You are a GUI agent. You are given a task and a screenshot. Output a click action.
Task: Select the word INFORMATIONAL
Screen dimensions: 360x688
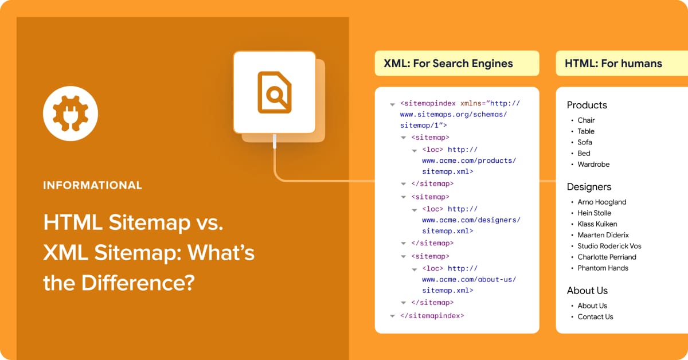pyautogui.click(x=92, y=186)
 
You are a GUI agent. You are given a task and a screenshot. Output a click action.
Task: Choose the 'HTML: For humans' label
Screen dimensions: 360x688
pyautogui.click(x=613, y=64)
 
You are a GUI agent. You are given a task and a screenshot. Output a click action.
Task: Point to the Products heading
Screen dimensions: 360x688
pyautogui.click(x=587, y=105)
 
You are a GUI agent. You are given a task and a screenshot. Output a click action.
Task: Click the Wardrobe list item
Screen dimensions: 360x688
pyautogui.click(x=593, y=165)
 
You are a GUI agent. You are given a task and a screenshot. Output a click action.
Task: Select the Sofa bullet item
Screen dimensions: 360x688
pyautogui.click(x=585, y=142)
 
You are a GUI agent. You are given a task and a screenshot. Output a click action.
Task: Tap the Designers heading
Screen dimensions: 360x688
pyautogui.click(x=589, y=187)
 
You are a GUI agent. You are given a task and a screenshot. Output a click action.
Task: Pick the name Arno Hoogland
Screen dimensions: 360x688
pyautogui.click(x=601, y=202)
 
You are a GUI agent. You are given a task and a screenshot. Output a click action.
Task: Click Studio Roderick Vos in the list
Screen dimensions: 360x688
pyautogui.click(x=609, y=246)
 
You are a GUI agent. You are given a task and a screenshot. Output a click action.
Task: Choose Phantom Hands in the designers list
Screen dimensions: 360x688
pyautogui.click(x=603, y=268)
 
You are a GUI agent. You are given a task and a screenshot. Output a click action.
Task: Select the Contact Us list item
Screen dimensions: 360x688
pyautogui.click(x=595, y=317)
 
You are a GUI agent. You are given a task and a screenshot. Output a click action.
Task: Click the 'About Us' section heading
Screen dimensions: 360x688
pyautogui.click(x=587, y=291)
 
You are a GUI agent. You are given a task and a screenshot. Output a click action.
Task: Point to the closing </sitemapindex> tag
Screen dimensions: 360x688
pyautogui.click(x=432, y=315)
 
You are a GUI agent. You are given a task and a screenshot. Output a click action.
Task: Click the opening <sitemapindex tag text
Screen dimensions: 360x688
pyautogui.click(x=428, y=104)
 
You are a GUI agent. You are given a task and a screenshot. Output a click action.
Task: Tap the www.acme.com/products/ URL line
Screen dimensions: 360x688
pyautogui.click(x=469, y=161)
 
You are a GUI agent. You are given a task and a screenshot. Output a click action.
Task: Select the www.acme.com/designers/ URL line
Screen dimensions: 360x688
pyautogui.click(x=471, y=220)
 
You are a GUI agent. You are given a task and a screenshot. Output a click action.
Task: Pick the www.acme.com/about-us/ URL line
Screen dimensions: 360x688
pyautogui.click(x=469, y=280)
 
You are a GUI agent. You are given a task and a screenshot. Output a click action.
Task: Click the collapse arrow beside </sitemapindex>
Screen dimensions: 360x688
pyautogui.click(x=393, y=316)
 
